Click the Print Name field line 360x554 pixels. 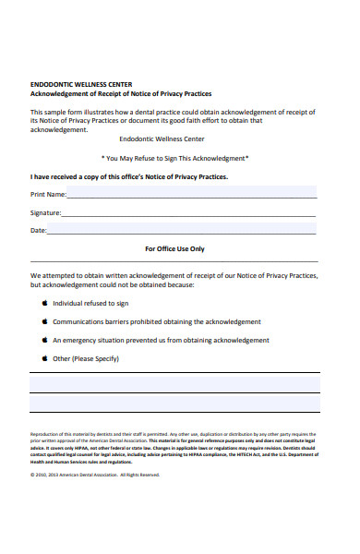tap(192, 197)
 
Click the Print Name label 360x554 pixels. tap(48, 194)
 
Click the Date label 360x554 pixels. tap(38, 230)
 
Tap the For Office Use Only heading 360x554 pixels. tap(175, 248)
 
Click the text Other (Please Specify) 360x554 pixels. tap(87, 358)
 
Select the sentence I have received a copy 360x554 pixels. tap(129, 175)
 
